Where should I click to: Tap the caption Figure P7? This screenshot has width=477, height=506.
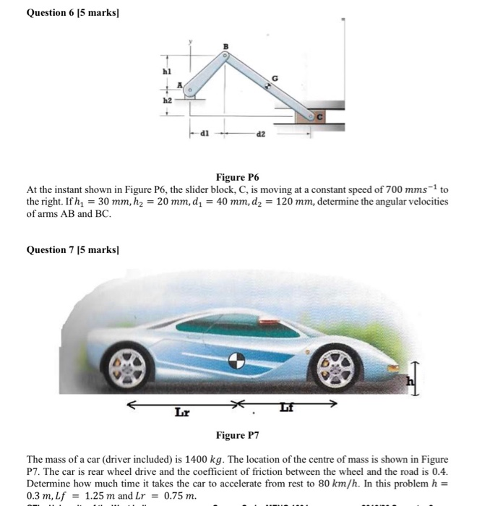(237, 436)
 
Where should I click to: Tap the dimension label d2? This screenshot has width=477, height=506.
(263, 133)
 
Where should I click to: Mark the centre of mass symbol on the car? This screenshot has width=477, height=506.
(236, 359)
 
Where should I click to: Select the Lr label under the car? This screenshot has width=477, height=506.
(181, 412)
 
